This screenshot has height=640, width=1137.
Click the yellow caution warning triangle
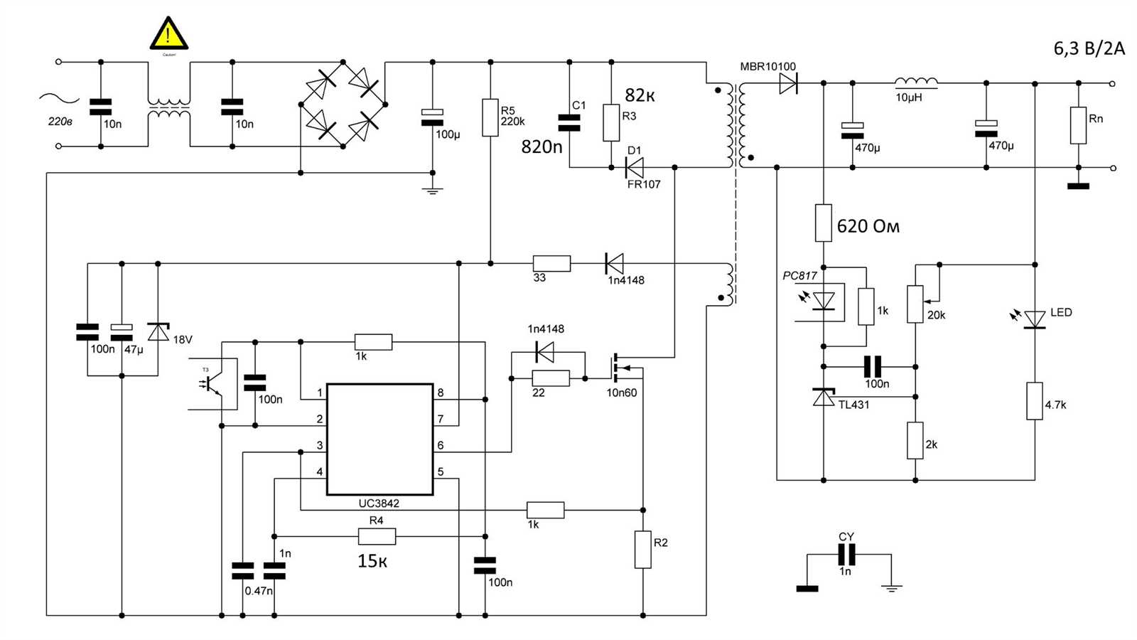(x=168, y=34)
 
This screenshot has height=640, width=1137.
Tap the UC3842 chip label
(x=378, y=503)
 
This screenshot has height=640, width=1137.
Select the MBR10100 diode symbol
(x=787, y=84)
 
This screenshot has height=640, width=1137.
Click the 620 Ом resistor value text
(x=868, y=226)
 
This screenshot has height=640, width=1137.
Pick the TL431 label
(x=853, y=405)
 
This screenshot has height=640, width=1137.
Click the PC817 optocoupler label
(x=799, y=276)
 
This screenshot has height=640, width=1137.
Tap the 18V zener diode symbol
(x=158, y=331)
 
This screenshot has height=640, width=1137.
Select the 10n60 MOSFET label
(x=621, y=393)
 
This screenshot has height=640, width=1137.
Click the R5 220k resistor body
(x=490, y=117)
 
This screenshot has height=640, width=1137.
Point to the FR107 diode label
(x=643, y=184)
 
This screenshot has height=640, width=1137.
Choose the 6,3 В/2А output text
(x=1089, y=48)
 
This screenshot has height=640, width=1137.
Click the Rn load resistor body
(x=1078, y=125)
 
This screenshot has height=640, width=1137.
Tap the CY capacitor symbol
(x=846, y=554)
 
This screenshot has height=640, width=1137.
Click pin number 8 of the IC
(x=441, y=393)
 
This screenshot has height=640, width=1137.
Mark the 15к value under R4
(x=372, y=561)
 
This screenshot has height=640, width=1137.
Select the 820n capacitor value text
(x=541, y=146)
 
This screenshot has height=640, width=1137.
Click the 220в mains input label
(x=60, y=122)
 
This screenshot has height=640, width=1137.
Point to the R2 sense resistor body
(x=642, y=549)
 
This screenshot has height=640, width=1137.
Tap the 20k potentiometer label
(x=936, y=315)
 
